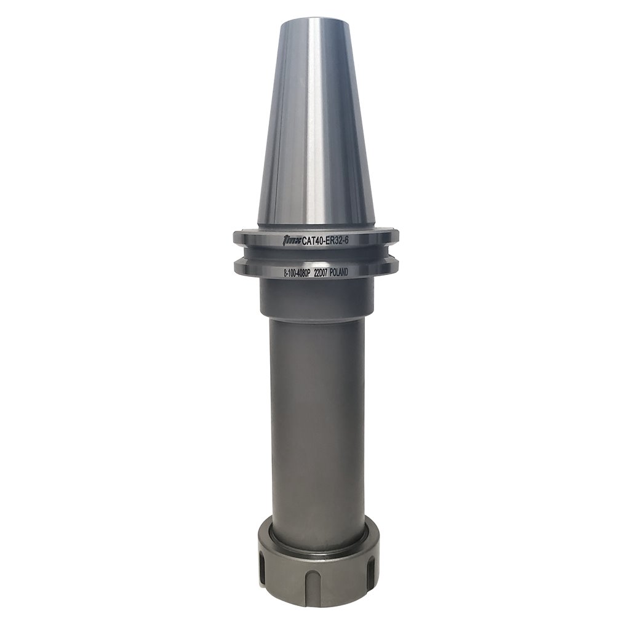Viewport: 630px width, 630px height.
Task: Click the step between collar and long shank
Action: pyautogui.click(x=316, y=321)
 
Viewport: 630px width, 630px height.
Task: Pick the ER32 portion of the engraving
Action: pyautogui.click(x=342, y=239)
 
